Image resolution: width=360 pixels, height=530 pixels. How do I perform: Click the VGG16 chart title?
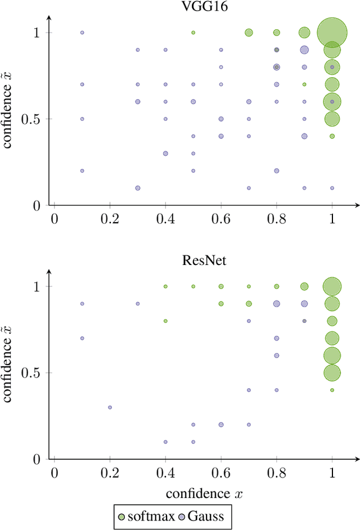(193, 7)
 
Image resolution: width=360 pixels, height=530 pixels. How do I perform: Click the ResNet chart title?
(193, 260)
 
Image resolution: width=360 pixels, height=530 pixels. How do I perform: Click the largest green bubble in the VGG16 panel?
(332, 33)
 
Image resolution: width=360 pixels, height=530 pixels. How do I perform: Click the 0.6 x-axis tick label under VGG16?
(221, 219)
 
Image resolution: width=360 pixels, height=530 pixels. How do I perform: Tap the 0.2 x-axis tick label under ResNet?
(110, 473)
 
